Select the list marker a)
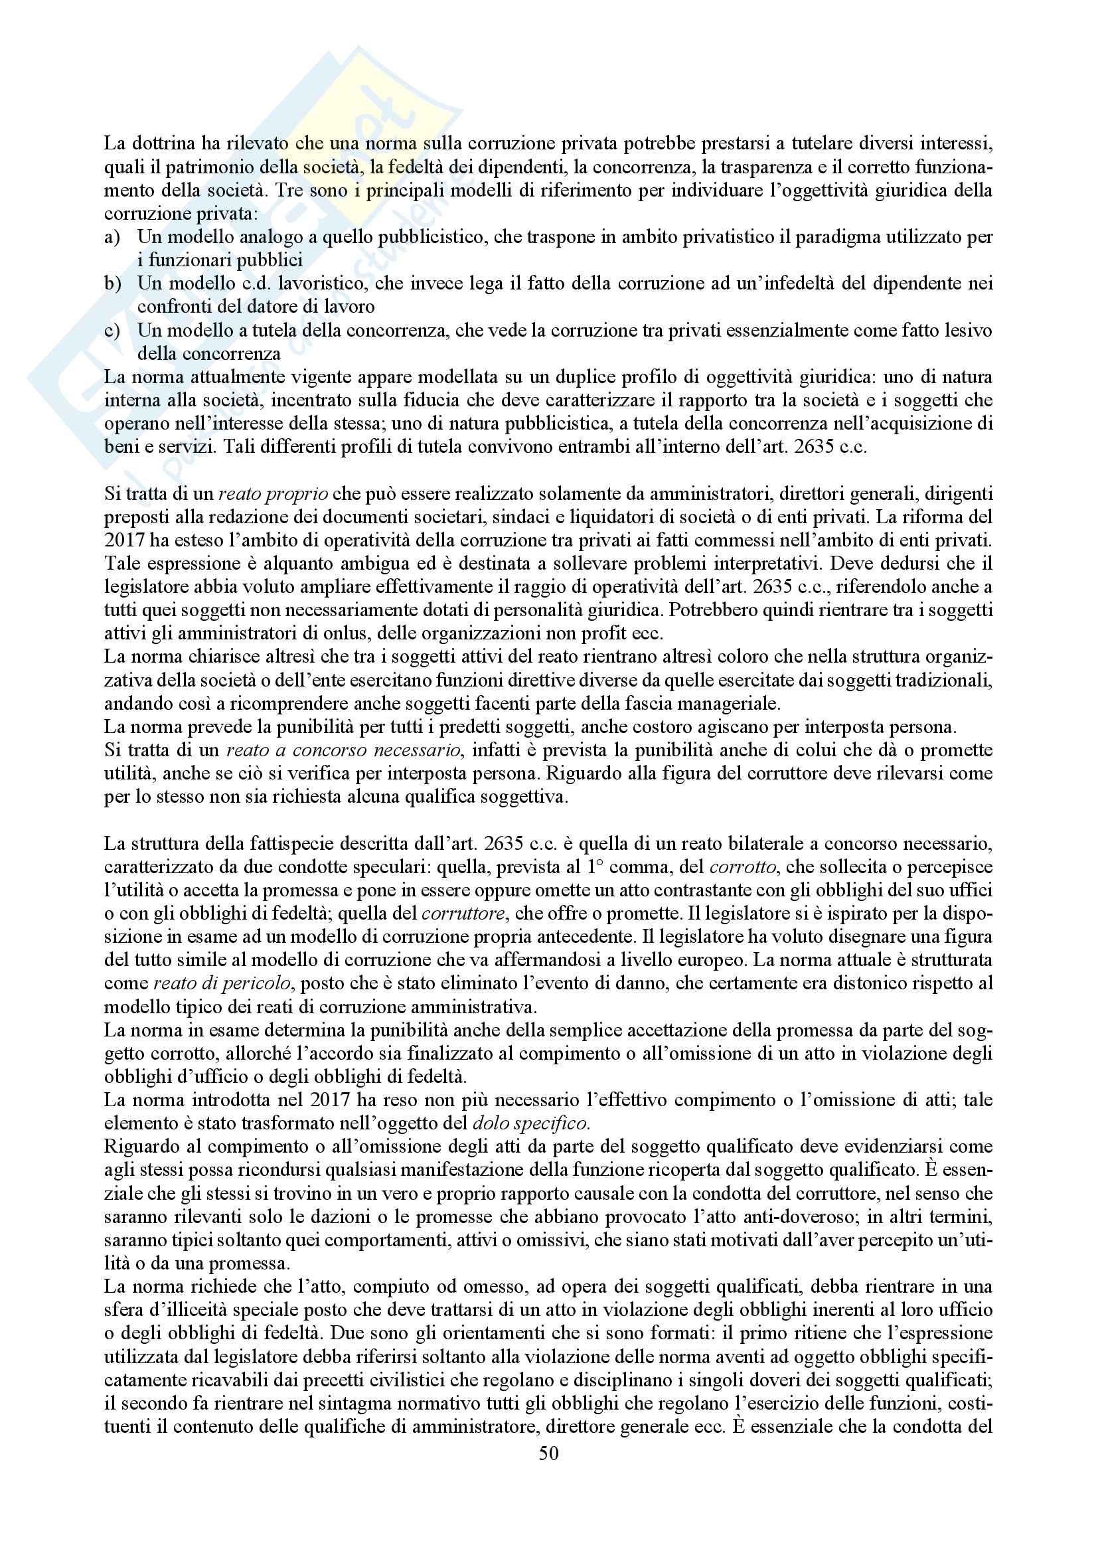112,237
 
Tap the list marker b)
112,284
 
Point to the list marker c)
112,330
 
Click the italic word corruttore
463,914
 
